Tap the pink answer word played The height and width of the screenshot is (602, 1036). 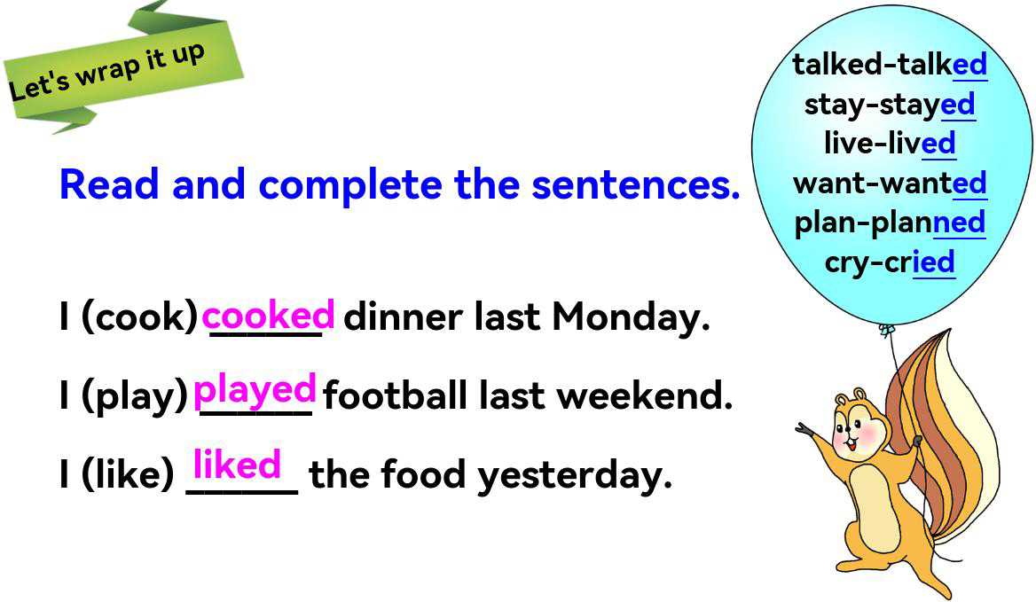point(255,390)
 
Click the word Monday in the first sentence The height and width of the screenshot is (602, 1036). point(631,317)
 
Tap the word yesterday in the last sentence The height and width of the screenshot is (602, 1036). point(575,475)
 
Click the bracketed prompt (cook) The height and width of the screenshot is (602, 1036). point(139,318)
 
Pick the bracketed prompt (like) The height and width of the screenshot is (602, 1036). point(129,474)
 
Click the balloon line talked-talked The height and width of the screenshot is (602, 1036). point(890,65)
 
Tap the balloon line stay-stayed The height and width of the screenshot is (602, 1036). point(890,105)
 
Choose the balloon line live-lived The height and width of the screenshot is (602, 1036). point(890,144)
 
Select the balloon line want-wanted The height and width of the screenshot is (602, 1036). point(890,184)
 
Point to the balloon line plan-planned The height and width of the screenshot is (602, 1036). point(890,223)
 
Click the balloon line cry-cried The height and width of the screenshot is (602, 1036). point(890,262)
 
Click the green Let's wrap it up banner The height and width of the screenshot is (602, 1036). point(123,69)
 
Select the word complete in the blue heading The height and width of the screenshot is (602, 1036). point(349,185)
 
